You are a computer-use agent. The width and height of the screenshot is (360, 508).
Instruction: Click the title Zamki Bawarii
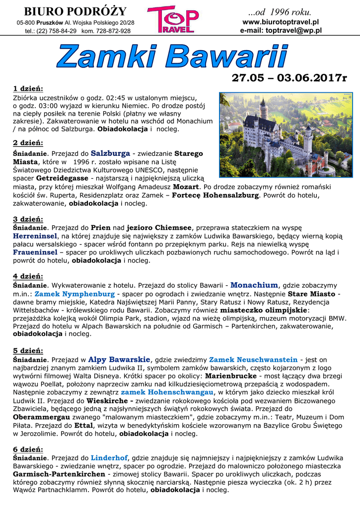(x=172, y=57)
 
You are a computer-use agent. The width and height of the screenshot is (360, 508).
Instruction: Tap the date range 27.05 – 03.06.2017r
(x=289, y=78)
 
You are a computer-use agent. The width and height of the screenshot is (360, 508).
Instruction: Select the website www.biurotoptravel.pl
(x=281, y=22)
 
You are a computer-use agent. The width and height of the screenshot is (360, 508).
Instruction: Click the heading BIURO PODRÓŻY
(x=75, y=11)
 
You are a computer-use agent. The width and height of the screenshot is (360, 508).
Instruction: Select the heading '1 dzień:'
(x=28, y=89)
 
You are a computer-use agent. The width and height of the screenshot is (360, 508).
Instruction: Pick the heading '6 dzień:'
(x=28, y=449)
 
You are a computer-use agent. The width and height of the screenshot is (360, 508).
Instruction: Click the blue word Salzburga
(x=110, y=153)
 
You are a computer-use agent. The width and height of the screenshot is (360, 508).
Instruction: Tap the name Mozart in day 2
(x=186, y=187)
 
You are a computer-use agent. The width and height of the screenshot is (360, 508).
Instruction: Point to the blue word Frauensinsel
(x=35, y=252)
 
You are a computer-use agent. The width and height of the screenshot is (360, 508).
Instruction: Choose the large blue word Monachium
(x=254, y=285)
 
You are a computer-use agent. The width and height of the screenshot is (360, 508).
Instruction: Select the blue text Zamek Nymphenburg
(x=74, y=294)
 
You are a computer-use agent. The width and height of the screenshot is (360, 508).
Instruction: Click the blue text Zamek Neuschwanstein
(x=253, y=359)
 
